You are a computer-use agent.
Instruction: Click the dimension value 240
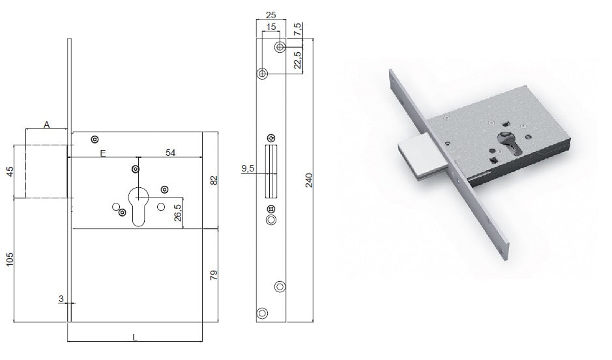pos(309,180)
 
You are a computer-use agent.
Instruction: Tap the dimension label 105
pos(10,260)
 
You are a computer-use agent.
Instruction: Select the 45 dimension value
pos(10,172)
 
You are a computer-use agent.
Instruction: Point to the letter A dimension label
pos(47,125)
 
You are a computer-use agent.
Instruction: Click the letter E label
pos(102,153)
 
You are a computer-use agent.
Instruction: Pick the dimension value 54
pos(171,153)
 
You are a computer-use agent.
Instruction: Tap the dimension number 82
pos(214,181)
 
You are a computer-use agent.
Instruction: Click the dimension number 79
pos(214,275)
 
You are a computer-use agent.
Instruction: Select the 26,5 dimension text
pos(177,213)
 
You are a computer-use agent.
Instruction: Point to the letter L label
pos(135,337)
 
